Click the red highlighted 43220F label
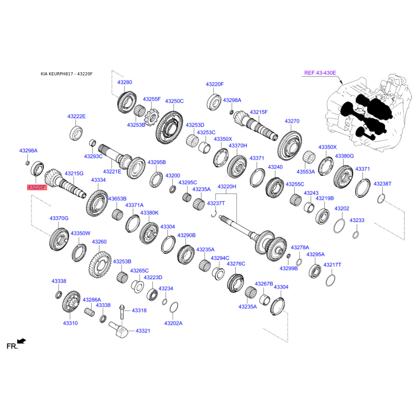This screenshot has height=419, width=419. click(37, 188)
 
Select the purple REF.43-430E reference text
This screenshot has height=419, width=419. click(320, 73)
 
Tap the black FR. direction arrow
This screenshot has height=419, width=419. click(21, 341)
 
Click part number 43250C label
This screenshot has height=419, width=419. click(174, 101)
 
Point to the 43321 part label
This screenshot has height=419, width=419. click(143, 331)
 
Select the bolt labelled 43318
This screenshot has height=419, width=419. click(122, 312)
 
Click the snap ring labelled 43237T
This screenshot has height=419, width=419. click(214, 214)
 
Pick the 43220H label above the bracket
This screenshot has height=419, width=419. click(227, 186)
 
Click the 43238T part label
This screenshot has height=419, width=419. click(382, 184)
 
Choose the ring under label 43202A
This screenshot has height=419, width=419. click(174, 308)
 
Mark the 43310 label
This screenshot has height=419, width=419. click(70, 323)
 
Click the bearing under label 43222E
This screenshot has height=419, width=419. click(76, 133)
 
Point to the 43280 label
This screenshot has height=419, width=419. click(125, 82)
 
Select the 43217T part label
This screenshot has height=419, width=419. click(333, 265)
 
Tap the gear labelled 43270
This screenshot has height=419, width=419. click(290, 146)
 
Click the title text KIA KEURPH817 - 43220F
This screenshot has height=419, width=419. click(67, 74)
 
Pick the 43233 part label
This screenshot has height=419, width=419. click(357, 220)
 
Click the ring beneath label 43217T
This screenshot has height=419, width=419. click(330, 280)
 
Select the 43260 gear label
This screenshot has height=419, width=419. click(99, 242)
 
